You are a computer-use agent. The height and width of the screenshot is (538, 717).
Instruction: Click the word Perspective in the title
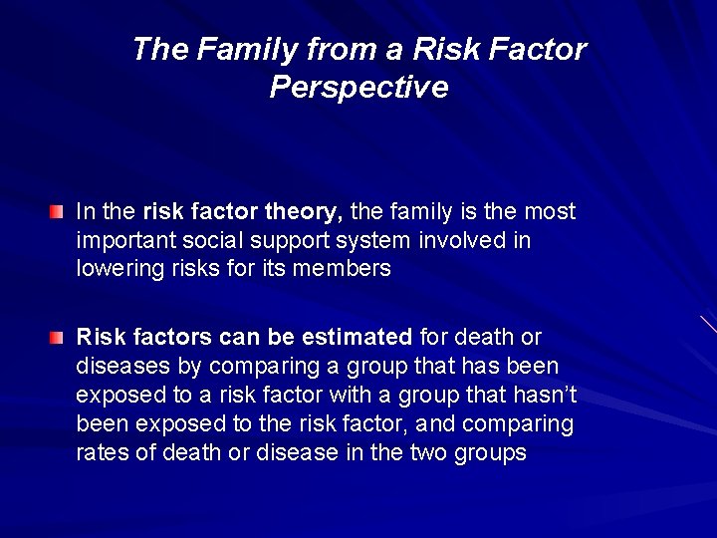pyautogui.click(x=358, y=88)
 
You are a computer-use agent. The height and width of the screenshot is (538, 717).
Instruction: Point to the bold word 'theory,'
pyautogui.click(x=307, y=212)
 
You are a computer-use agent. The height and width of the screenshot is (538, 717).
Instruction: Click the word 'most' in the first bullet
pyautogui.click(x=551, y=212)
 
